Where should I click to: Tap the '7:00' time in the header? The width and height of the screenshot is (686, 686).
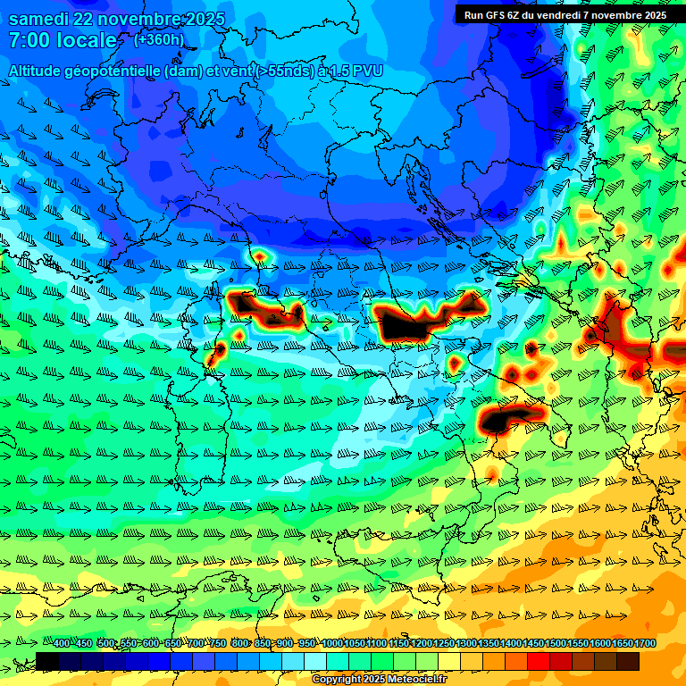[x=29, y=41]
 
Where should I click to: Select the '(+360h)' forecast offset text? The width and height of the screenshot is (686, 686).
[x=159, y=40]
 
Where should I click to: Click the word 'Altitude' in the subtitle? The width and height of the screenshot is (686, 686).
[x=38, y=70]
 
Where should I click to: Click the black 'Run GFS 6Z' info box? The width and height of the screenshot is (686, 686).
[x=565, y=14]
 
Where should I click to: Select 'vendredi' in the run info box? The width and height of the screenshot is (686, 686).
[x=555, y=14]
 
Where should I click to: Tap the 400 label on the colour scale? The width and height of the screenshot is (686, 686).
[x=62, y=643]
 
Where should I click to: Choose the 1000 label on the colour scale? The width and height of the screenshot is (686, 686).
[x=332, y=643]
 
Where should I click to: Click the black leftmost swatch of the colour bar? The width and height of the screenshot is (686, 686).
[x=47, y=661]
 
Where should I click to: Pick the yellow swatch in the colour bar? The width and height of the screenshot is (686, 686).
[x=449, y=661]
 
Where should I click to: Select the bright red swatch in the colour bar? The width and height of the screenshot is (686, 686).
[x=539, y=661]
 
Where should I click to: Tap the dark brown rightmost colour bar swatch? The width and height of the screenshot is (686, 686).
[x=628, y=661]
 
